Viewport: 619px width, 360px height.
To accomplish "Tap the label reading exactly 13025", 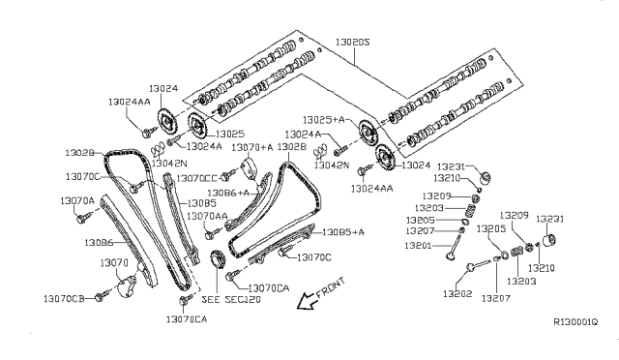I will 229,133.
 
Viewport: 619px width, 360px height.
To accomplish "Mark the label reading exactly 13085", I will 201,203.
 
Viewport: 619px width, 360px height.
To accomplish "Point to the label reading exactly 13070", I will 114,262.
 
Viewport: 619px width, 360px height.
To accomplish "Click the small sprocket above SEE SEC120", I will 217,259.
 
